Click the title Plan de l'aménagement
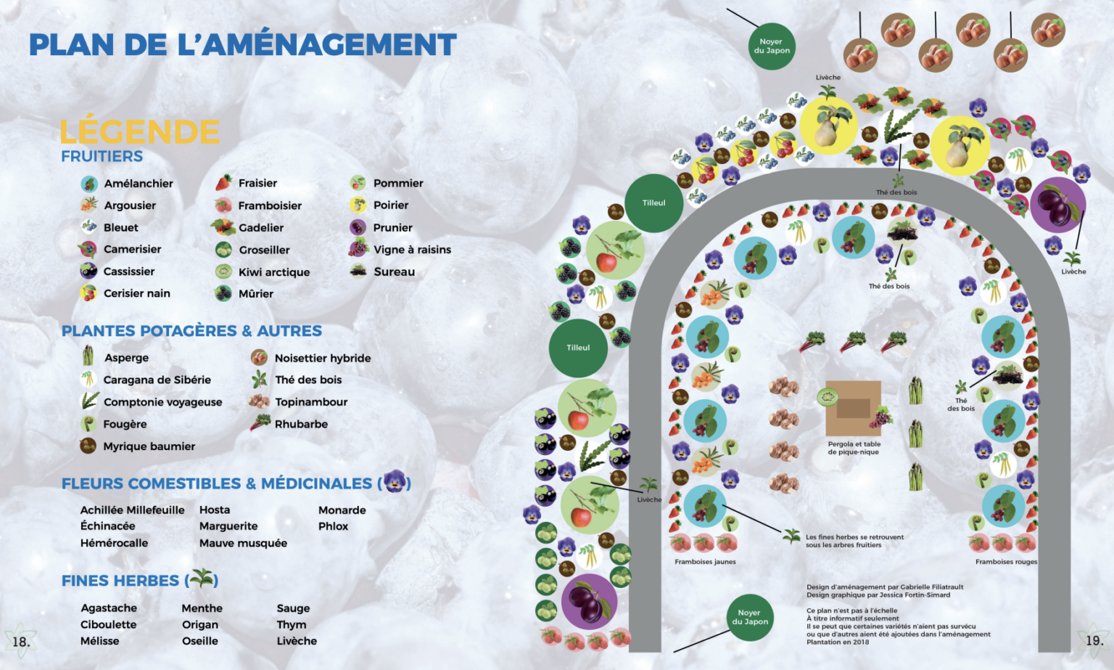[x=242, y=45]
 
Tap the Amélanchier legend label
[x=138, y=184]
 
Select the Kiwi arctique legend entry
[x=273, y=272]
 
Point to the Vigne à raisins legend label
[x=412, y=250]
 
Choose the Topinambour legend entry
[x=310, y=402]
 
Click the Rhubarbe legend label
[x=301, y=424]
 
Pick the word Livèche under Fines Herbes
[x=297, y=641]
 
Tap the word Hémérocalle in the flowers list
[x=114, y=543]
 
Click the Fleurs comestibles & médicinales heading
[x=217, y=483]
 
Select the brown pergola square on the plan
[x=854, y=408]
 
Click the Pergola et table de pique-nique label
[x=854, y=448]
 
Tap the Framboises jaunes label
[x=705, y=562]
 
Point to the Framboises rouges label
[x=1006, y=562]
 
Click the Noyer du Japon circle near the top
[x=772, y=46]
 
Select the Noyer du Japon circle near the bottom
[x=750, y=617]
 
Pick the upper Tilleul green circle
[x=653, y=203]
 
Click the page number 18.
[x=21, y=642]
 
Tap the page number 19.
[x=1094, y=641]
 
